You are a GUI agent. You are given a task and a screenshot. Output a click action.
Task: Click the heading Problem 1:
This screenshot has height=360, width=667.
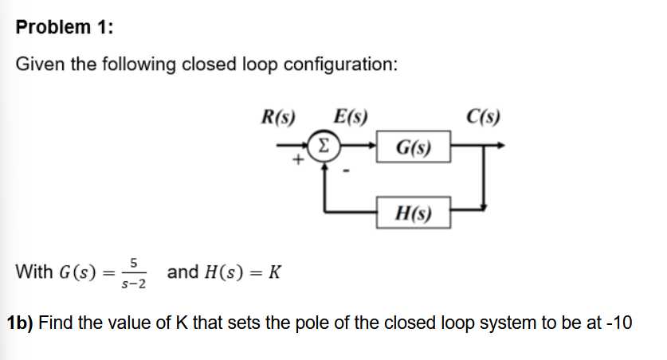(65, 27)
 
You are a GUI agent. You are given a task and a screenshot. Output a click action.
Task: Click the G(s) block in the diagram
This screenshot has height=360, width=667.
(414, 148)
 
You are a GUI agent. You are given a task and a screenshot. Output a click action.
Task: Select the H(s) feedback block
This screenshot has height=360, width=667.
(414, 213)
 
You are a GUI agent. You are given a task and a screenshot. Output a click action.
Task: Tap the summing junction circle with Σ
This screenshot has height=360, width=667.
(323, 146)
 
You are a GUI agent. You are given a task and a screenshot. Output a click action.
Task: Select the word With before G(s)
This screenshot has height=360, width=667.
(35, 272)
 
